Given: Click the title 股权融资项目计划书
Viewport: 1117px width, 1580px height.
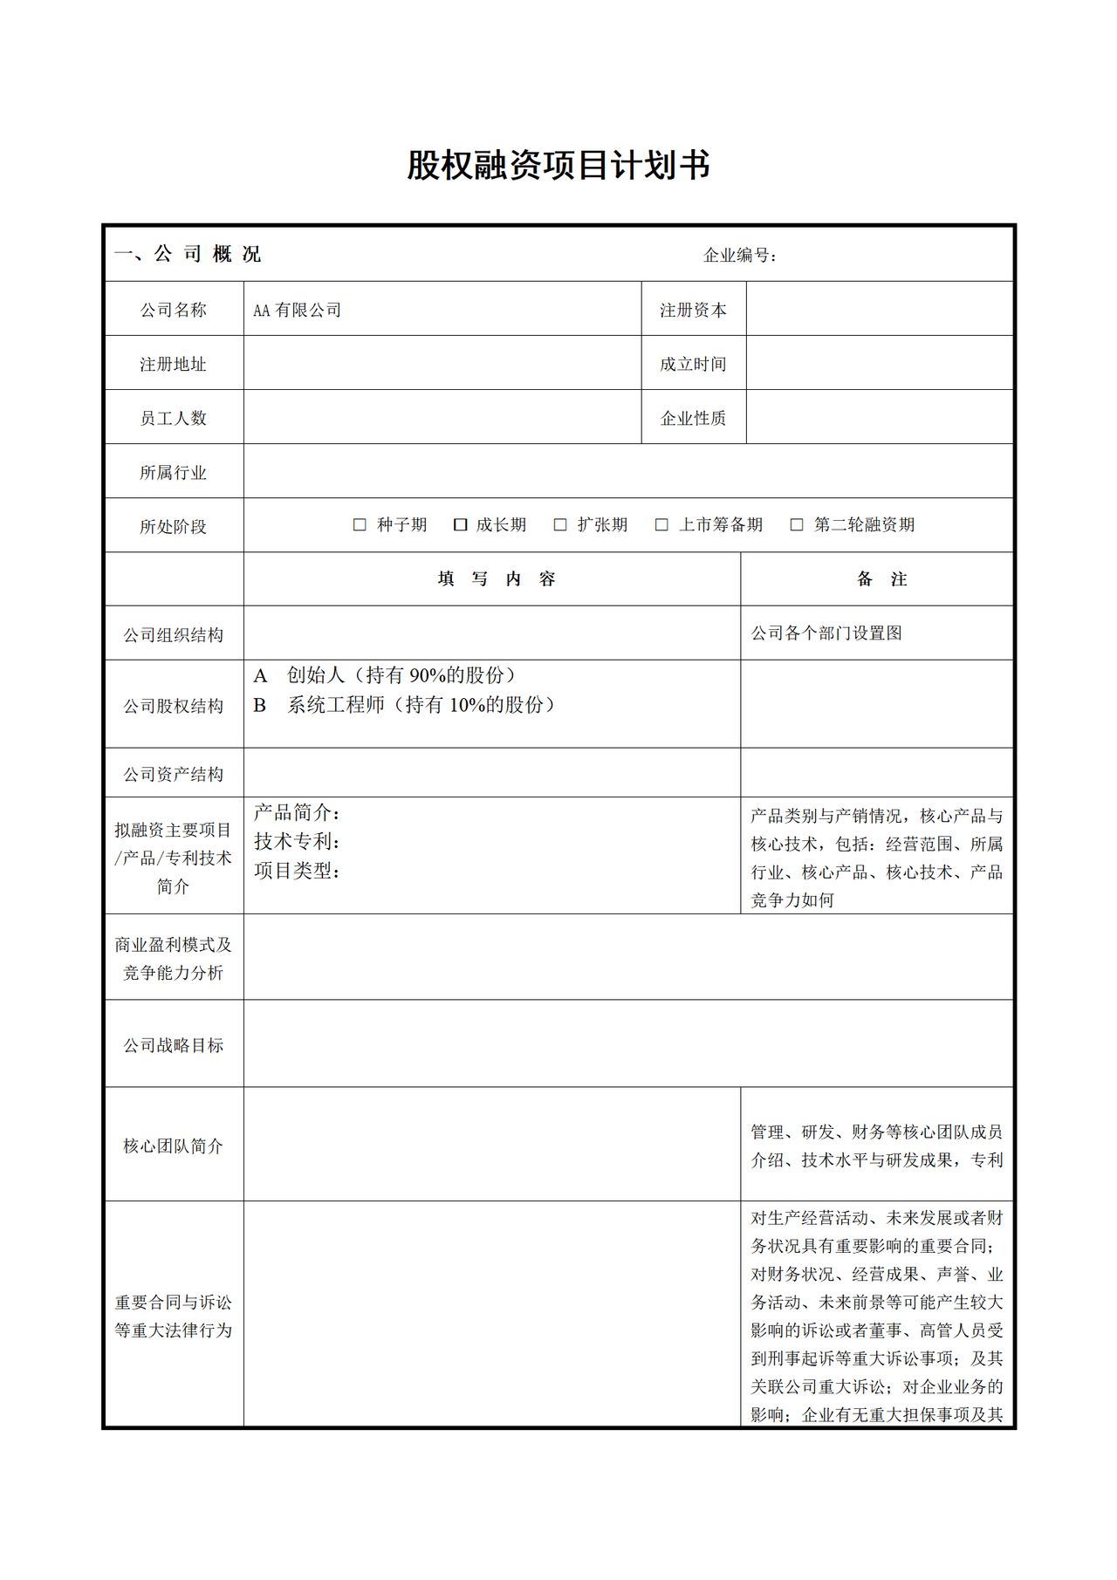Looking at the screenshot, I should (558, 166).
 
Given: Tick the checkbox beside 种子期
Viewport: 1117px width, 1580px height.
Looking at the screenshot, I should (360, 524).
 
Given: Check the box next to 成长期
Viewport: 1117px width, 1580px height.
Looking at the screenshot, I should (461, 524).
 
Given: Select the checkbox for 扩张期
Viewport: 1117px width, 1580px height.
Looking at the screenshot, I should (560, 524).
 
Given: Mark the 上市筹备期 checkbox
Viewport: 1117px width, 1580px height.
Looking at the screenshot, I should (661, 524).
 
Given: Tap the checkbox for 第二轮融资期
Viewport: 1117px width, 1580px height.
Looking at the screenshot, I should (797, 524).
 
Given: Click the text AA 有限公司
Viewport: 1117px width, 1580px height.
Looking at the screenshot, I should (297, 311).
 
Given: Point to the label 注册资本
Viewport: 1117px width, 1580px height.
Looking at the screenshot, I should (693, 311).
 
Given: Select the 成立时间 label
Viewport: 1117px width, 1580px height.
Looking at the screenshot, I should (693, 365).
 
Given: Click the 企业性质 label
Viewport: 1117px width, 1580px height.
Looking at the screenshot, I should (693, 419).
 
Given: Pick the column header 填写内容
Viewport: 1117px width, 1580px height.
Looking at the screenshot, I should (496, 579).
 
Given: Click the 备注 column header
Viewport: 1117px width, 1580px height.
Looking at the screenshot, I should (881, 579).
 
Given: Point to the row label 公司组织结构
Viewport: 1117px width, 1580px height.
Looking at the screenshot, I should (173, 635).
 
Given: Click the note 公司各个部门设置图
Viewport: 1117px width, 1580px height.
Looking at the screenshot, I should (826, 633).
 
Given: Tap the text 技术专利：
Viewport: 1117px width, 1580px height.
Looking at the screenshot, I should (297, 842).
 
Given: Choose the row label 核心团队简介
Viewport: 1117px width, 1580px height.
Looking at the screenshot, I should (173, 1146).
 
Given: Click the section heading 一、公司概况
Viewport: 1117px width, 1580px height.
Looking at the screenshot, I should (188, 254).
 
